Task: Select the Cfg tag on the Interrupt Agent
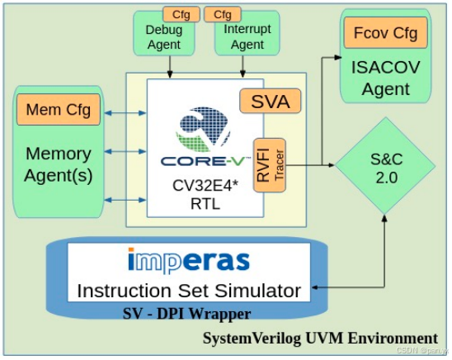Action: (223, 14)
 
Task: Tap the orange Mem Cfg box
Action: (58, 109)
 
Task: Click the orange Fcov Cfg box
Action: (384, 33)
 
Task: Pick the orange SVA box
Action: (270, 102)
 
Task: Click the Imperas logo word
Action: (189, 261)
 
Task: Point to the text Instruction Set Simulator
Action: (189, 291)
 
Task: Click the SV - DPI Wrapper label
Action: (186, 314)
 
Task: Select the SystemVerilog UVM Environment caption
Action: (320, 338)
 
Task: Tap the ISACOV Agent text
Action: (384, 76)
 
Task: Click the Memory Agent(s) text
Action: (59, 164)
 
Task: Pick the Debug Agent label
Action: (164, 37)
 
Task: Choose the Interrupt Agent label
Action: (247, 37)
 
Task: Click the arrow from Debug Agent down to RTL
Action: (170, 65)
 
